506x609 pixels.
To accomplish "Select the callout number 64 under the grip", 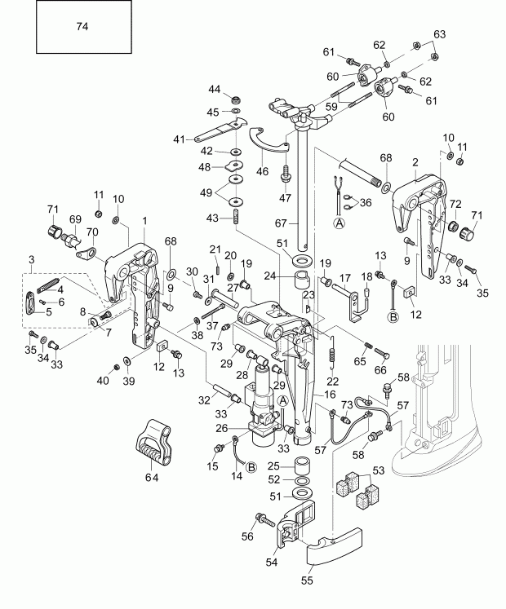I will point(152,476).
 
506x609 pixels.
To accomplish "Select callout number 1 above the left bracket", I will point(144,220).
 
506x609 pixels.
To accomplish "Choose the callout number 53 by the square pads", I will point(377,470).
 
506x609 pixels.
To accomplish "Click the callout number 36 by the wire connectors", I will point(364,202).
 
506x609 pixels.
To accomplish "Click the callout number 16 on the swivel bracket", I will point(329,394).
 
